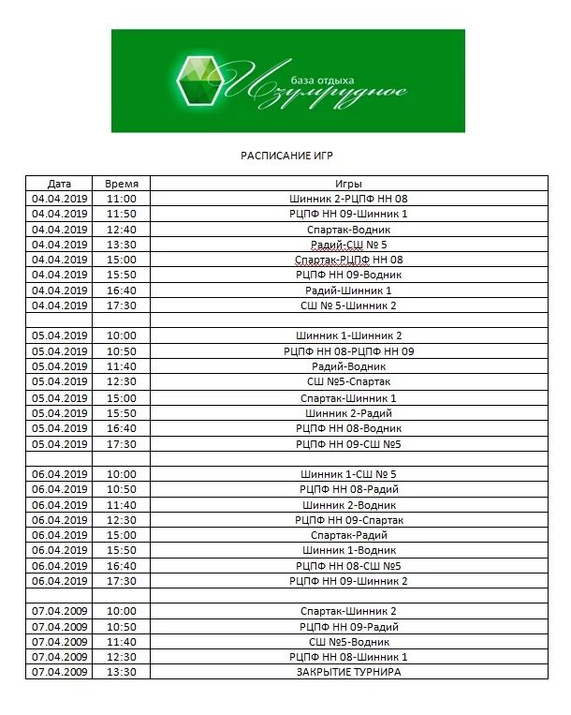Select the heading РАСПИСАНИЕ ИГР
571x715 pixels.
[x=287, y=155]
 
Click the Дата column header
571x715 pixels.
[x=59, y=184]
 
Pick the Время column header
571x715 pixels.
[x=122, y=184]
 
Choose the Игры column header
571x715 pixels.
[x=348, y=184]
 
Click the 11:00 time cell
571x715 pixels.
[x=122, y=199]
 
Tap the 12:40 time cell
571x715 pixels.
[x=122, y=230]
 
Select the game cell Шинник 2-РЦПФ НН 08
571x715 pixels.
[x=348, y=199]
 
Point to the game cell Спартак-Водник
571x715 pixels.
[x=348, y=230]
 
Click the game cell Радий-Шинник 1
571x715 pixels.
[x=348, y=290]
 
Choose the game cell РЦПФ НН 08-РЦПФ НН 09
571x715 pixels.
[x=348, y=351]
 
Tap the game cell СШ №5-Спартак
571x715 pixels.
[x=348, y=381]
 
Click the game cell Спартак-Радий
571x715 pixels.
[x=348, y=535]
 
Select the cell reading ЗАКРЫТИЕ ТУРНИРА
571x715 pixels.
[x=348, y=672]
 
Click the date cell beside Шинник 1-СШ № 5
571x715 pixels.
[x=59, y=474]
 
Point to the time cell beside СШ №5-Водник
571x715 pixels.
[x=122, y=642]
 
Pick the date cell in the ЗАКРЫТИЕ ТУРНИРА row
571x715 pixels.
[x=59, y=672]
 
